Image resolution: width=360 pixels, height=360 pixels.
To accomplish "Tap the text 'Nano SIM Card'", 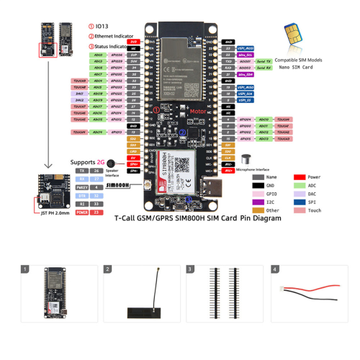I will pyautogui.click(x=295, y=67).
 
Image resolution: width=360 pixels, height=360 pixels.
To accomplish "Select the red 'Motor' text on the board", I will pyautogui.click(x=176, y=112).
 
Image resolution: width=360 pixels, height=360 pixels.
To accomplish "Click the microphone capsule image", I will pyautogui.click(x=246, y=158).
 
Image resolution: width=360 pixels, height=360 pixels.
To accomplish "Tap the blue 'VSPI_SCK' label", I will pyautogui.click(x=245, y=93).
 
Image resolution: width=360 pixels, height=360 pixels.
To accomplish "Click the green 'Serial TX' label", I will pyautogui.click(x=264, y=61).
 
